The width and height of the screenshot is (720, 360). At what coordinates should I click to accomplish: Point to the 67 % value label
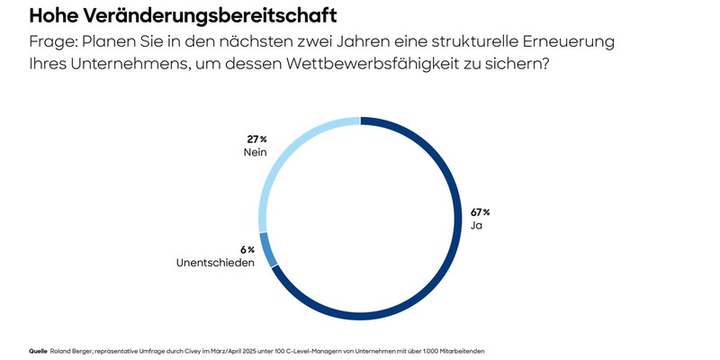click(481, 211)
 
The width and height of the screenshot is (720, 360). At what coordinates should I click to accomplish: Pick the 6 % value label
click(246, 249)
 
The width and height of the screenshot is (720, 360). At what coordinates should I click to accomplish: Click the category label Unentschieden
click(214, 263)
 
